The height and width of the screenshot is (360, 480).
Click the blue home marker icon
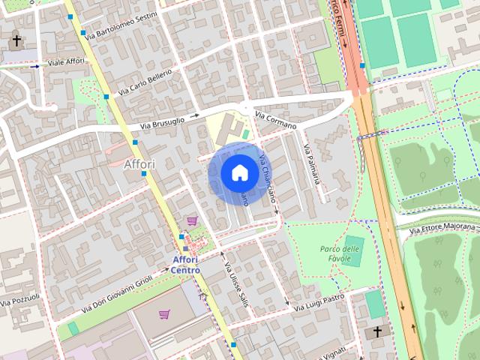coord(238,172)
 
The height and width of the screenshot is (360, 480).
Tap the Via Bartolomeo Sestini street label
coord(121,25)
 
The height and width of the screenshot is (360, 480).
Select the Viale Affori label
coord(65,62)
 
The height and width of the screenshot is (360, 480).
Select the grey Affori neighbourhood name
coord(139,163)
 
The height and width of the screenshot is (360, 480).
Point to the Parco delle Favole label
coord(340,253)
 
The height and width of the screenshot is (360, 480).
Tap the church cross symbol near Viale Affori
coord(16,40)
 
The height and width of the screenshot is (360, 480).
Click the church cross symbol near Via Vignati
coord(376,331)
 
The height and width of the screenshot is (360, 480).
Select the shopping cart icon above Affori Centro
coord(193,220)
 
